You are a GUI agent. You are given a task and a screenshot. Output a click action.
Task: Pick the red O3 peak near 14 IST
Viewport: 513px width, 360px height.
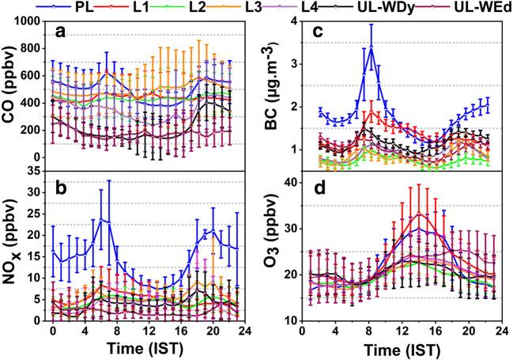(421, 214)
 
